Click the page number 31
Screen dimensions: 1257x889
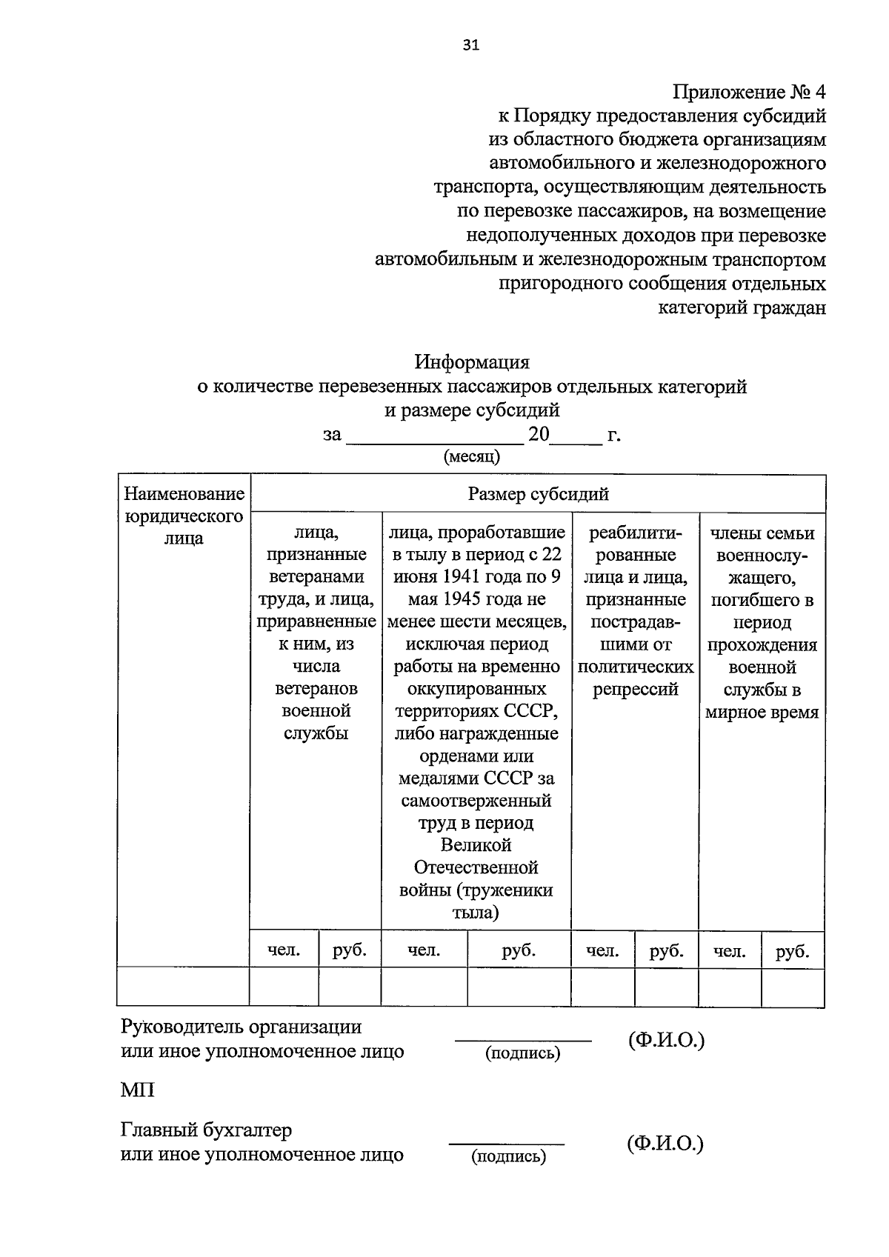[471, 45]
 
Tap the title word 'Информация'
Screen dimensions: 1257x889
[472, 362]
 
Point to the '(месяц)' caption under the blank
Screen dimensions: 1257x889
[472, 456]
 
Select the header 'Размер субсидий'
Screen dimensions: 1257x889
[538, 494]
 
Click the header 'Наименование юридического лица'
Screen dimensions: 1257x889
[184, 516]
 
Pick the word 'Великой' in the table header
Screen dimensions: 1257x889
[476, 845]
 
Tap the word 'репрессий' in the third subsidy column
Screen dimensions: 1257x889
[636, 690]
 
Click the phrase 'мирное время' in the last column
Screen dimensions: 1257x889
[762, 713]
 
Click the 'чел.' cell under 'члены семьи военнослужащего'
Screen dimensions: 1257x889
[730, 951]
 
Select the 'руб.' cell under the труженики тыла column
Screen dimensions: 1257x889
[519, 950]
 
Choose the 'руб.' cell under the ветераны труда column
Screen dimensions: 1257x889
[350, 950]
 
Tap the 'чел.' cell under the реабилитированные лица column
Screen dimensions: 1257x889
[602, 951]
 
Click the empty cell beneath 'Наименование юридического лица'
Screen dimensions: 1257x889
[183, 987]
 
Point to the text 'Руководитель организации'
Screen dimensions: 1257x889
[241, 1027]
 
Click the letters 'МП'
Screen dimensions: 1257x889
[138, 1090]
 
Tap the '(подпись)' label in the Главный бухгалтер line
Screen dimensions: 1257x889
[508, 1156]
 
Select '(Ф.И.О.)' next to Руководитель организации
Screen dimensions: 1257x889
[666, 1041]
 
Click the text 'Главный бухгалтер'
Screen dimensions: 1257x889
[206, 1130]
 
